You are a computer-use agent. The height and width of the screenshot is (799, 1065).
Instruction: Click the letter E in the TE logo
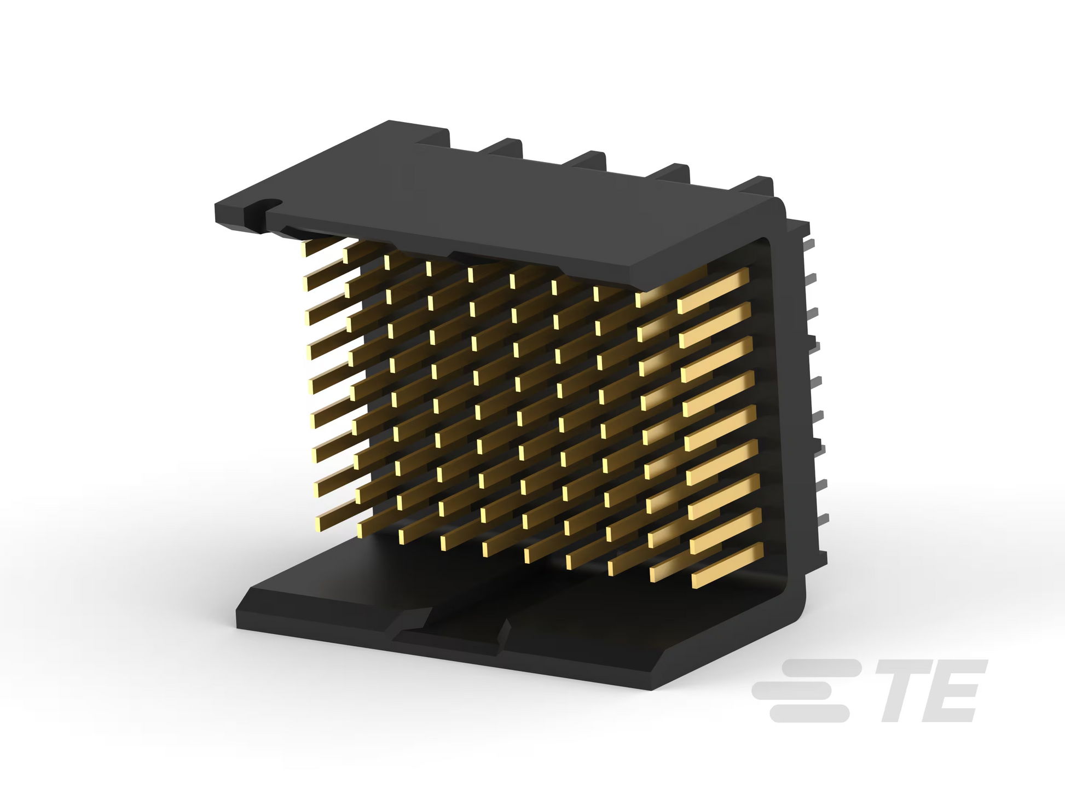click(950, 691)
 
